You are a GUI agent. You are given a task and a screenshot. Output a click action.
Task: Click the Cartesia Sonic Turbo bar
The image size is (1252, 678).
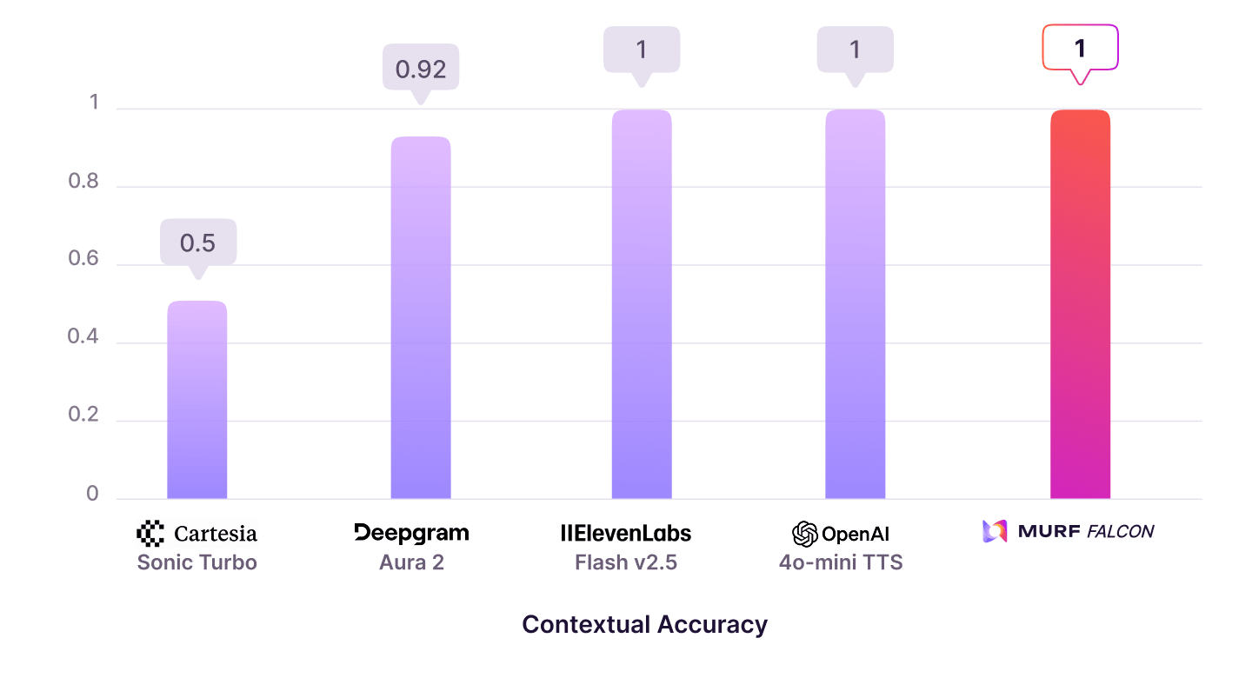197,400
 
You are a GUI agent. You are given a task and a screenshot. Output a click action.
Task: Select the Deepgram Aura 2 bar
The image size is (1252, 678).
421,317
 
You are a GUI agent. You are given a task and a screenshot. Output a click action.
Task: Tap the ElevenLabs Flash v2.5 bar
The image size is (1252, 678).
642,304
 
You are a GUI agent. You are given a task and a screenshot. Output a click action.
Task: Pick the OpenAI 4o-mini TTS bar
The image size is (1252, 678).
856,304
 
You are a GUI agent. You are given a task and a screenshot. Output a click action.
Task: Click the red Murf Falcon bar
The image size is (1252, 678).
1080,304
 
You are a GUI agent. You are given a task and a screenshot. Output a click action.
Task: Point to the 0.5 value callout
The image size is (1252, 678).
197,243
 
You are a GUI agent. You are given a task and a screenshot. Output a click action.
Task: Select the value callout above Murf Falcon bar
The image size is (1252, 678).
1080,48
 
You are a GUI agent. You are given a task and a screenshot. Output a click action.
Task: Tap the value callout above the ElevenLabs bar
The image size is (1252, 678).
642,50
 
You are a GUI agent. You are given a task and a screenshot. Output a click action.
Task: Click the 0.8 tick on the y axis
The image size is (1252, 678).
83,183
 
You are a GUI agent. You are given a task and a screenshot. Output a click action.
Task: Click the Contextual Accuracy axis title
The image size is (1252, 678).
644,624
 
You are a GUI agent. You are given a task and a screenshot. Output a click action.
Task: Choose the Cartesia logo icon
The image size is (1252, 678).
150,533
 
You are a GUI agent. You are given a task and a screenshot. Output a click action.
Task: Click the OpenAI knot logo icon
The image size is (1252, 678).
805,534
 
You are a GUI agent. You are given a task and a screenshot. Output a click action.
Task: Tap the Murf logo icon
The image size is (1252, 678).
994,531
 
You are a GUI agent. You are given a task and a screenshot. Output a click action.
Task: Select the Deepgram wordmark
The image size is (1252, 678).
411,533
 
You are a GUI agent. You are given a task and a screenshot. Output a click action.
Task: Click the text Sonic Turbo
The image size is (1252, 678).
197,562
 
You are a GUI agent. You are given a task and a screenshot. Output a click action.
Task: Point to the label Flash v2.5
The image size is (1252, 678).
626,562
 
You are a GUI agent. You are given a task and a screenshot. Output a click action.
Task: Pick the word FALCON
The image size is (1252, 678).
1120,531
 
